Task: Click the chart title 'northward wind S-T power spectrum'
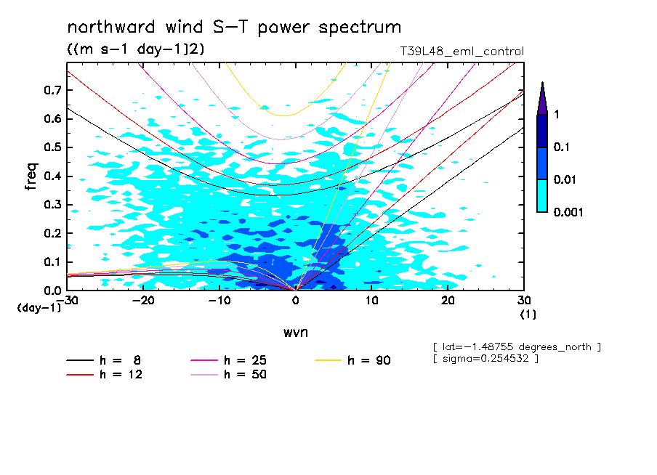pyautogui.click(x=233, y=28)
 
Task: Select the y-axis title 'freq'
pyautogui.click(x=31, y=176)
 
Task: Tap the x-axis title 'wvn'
pyautogui.click(x=295, y=332)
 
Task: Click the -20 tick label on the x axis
pyautogui.click(x=143, y=301)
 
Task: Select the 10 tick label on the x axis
pyautogui.click(x=371, y=301)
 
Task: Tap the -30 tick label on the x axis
pyautogui.click(x=68, y=301)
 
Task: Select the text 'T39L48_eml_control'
pyautogui.click(x=461, y=52)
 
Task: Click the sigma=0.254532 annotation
pyautogui.click(x=485, y=359)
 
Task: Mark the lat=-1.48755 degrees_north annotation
pyautogui.click(x=516, y=347)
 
